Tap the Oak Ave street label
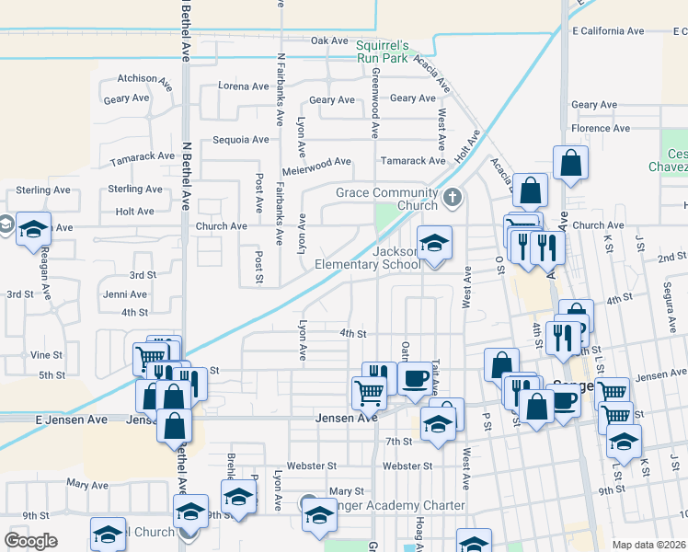tap(329, 40)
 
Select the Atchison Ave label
tap(144, 80)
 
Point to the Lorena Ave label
tap(244, 86)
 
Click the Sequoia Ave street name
tap(240, 140)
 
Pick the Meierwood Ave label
tap(317, 162)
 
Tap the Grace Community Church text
tap(385, 199)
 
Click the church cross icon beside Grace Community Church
tap(452, 197)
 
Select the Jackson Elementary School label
tap(368, 258)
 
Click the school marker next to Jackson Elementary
tap(435, 243)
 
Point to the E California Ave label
tap(607, 30)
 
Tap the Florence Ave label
tap(600, 129)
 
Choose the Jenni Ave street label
tap(125, 294)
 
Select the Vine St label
tap(46, 354)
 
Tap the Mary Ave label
tap(87, 484)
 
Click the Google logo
tap(30, 541)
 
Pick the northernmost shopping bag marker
tap(570, 164)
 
